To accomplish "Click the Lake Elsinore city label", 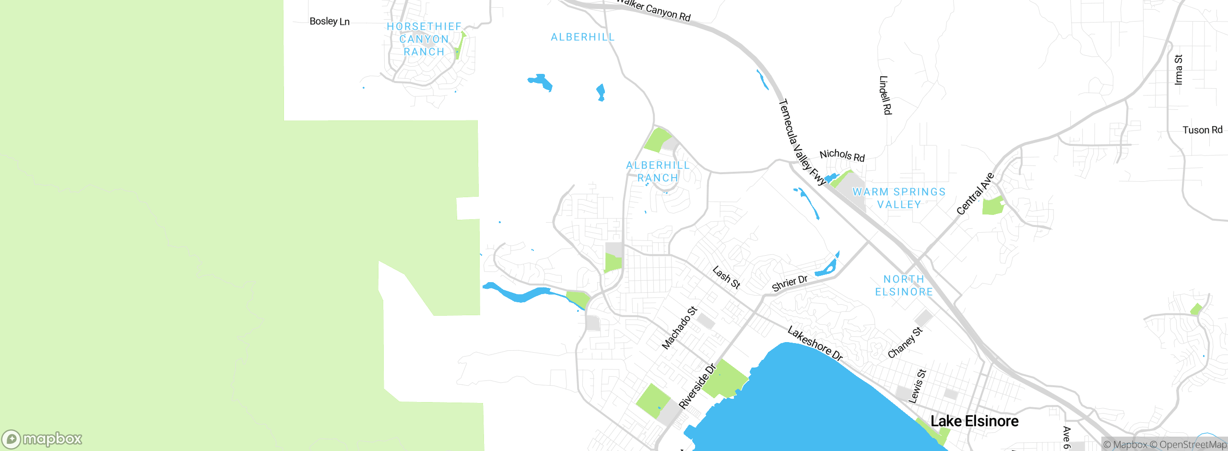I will tap(974, 421).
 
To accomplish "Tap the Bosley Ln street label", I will tap(330, 22).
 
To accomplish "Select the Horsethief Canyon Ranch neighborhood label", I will tap(424, 39).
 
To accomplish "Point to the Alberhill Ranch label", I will tap(658, 171).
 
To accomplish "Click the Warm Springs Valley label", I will tap(899, 198).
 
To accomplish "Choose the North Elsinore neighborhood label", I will tap(904, 285).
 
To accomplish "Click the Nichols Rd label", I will tap(842, 155).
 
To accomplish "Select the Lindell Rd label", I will tap(885, 95).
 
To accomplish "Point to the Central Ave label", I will tap(975, 194).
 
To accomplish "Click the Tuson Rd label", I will tap(1202, 130).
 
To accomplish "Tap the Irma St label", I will tap(1178, 70).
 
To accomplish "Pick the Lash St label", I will tap(726, 278).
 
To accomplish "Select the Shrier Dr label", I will tap(790, 283).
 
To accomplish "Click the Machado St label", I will tap(679, 328).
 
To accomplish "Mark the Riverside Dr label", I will tap(697, 386).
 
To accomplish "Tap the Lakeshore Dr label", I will tap(815, 344).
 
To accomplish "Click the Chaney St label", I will tap(905, 343).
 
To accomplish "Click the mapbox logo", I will tap(42, 439).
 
